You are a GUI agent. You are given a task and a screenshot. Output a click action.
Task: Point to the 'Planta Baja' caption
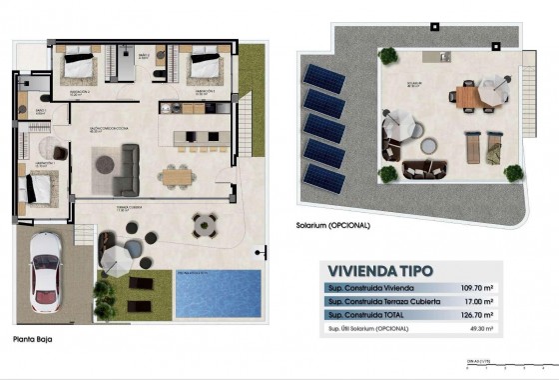pyautogui.click(x=32, y=340)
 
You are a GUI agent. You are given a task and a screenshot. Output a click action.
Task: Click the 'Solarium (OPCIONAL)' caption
pyautogui.click(x=333, y=225)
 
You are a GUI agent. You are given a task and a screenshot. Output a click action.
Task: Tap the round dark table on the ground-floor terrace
pyautogui.click(x=204, y=221)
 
